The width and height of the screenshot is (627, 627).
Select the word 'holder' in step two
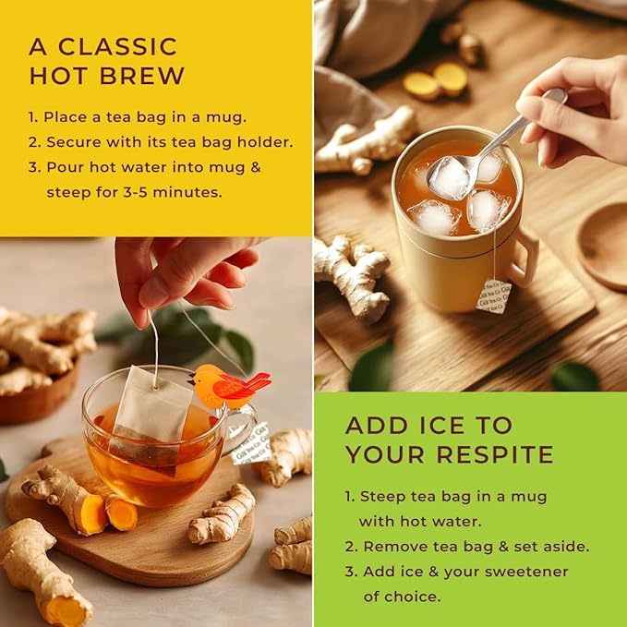(265, 142)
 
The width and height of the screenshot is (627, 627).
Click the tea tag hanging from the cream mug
(492, 295)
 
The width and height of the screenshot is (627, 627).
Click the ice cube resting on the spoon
(450, 176)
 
